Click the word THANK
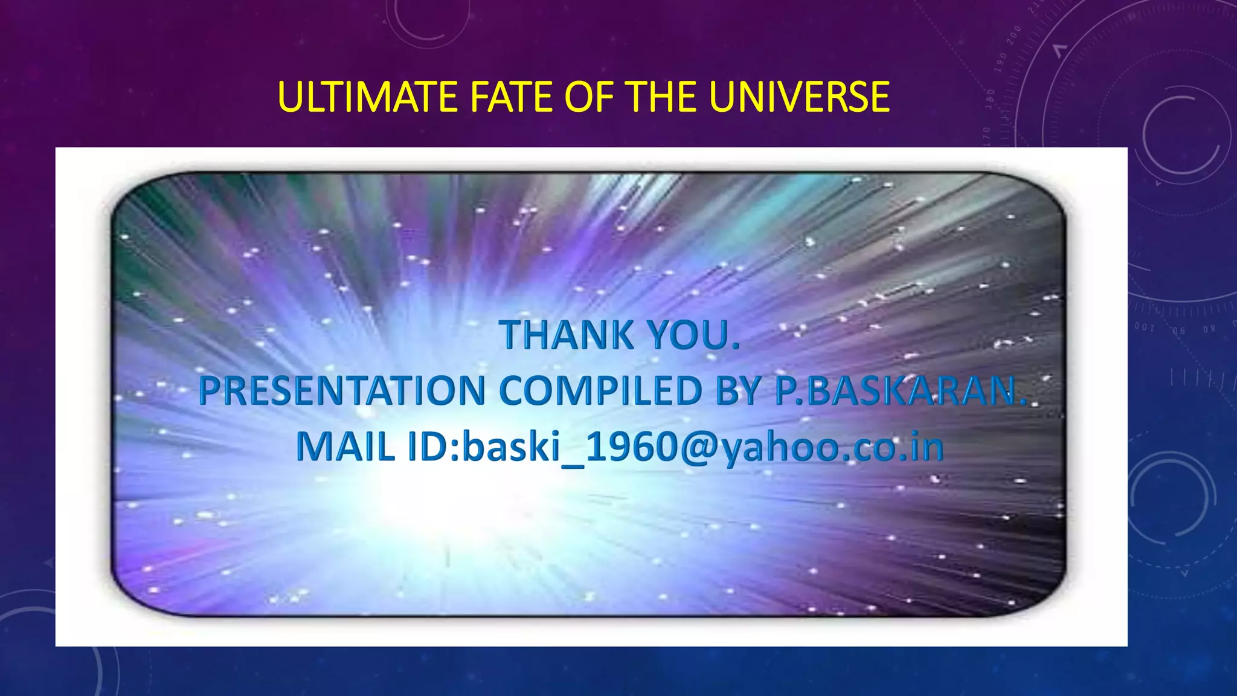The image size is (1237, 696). click(x=566, y=335)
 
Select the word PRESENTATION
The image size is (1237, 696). click(x=342, y=391)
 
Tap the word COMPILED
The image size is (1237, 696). click(x=600, y=391)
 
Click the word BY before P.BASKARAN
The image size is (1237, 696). click(x=737, y=391)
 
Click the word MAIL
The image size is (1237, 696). click(x=345, y=448)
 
